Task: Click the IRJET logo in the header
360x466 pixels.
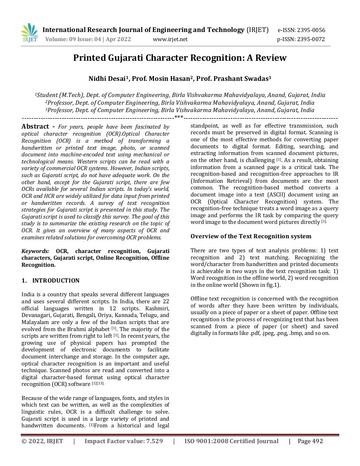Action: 30,33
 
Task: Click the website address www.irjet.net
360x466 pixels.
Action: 170,39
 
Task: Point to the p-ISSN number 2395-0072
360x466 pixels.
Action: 311,39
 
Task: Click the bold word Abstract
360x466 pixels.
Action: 35,127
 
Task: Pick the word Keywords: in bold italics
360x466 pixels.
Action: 35,251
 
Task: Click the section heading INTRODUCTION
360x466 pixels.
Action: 56,280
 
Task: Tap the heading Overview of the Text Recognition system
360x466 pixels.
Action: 251,236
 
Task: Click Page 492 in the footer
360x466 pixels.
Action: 310,441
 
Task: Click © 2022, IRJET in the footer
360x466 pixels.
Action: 42,441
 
